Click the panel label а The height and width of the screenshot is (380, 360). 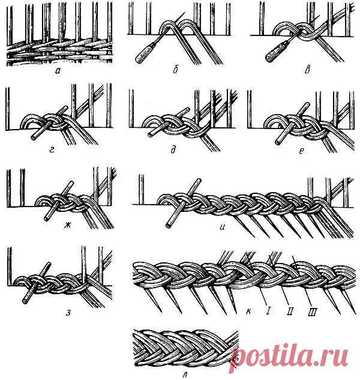[x=58, y=70]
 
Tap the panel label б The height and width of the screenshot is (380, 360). [x=176, y=70]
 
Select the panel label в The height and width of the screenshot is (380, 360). [x=307, y=69]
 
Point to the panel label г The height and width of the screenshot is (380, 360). [x=52, y=150]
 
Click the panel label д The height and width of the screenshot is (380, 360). [x=173, y=150]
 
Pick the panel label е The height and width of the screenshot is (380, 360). [x=301, y=151]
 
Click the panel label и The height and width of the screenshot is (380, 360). [x=222, y=228]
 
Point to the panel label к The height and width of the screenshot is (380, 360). [x=248, y=311]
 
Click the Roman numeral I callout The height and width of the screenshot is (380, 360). [x=268, y=310]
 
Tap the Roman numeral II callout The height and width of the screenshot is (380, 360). [x=290, y=311]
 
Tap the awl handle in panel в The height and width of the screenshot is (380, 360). [x=276, y=51]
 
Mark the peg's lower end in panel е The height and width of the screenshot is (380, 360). [x=278, y=142]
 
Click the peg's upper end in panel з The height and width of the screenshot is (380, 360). [x=49, y=264]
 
